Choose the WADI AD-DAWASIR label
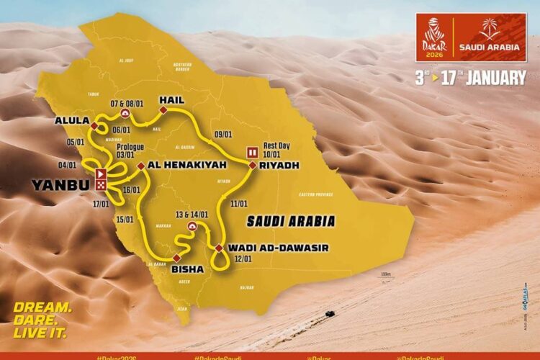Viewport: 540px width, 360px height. [278, 248]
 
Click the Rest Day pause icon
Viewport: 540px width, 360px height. [253, 153]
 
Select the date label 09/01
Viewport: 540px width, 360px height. [223, 133]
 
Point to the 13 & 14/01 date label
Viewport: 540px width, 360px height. [192, 213]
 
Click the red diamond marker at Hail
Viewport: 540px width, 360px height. [163, 109]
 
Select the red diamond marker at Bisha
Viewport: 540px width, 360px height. [175, 258]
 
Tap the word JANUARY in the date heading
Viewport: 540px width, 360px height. [495, 78]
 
